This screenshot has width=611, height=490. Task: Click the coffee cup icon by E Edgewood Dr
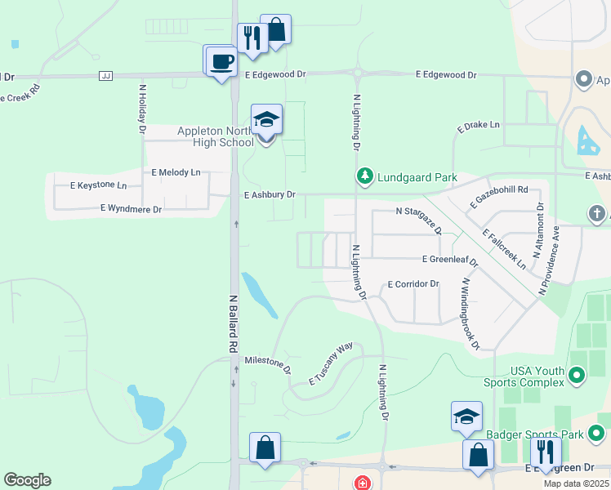click(x=221, y=61)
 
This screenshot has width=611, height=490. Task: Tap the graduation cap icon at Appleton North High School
click(x=266, y=121)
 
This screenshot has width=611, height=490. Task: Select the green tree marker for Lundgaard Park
click(x=364, y=176)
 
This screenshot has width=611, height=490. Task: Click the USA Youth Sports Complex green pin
click(x=578, y=376)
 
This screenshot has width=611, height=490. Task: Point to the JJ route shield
click(x=105, y=76)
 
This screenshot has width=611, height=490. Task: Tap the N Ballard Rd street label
click(x=233, y=324)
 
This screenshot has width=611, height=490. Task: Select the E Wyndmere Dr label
click(x=131, y=209)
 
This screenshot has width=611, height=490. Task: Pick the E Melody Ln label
click(x=176, y=173)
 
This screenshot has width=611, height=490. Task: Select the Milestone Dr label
click(x=268, y=363)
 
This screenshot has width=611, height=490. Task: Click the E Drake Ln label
click(x=477, y=126)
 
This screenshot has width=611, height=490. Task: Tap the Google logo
click(x=27, y=480)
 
